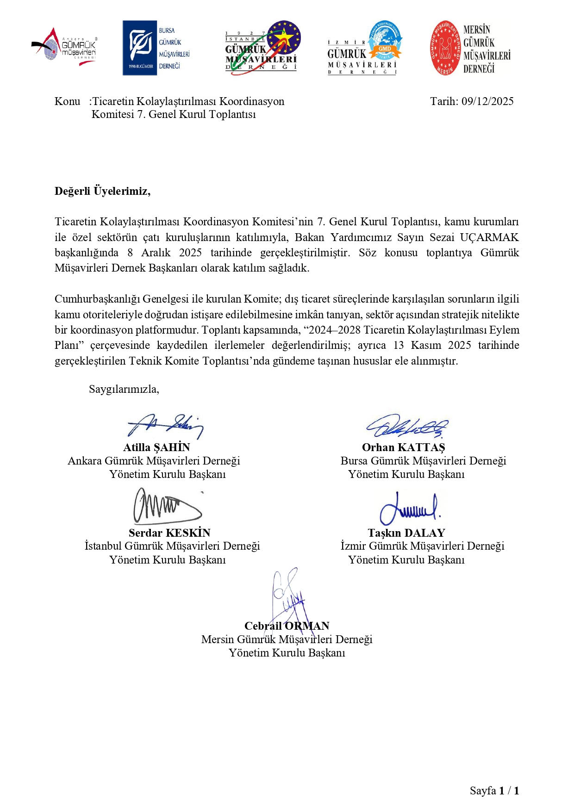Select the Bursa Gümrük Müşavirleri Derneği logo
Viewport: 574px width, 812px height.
(156, 48)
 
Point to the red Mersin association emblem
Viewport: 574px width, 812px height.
(445, 48)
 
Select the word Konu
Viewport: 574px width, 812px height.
(67, 101)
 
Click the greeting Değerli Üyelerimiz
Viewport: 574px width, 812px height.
(102, 191)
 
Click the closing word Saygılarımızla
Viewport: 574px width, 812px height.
(124, 389)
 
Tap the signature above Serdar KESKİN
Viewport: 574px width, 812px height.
(167, 506)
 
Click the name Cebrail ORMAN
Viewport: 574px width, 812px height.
(287, 626)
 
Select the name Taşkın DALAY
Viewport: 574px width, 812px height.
(406, 533)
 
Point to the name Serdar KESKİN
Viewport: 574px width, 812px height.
(169, 533)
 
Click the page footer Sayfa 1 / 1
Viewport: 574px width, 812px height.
(494, 791)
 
